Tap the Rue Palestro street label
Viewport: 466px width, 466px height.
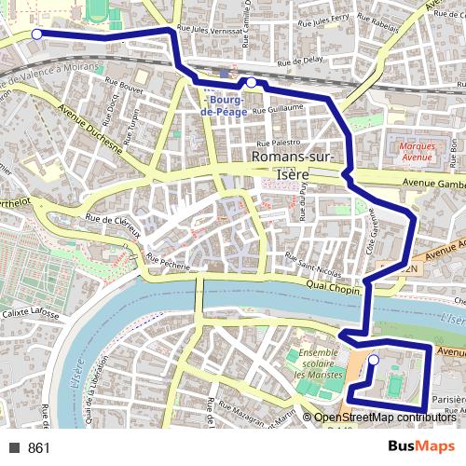point(276,143)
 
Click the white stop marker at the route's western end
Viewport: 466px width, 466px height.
point(36,34)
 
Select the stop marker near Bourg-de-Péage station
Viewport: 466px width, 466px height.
point(251,83)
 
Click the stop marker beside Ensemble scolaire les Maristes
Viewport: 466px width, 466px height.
point(374,360)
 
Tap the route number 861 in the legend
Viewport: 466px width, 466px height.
point(39,448)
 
